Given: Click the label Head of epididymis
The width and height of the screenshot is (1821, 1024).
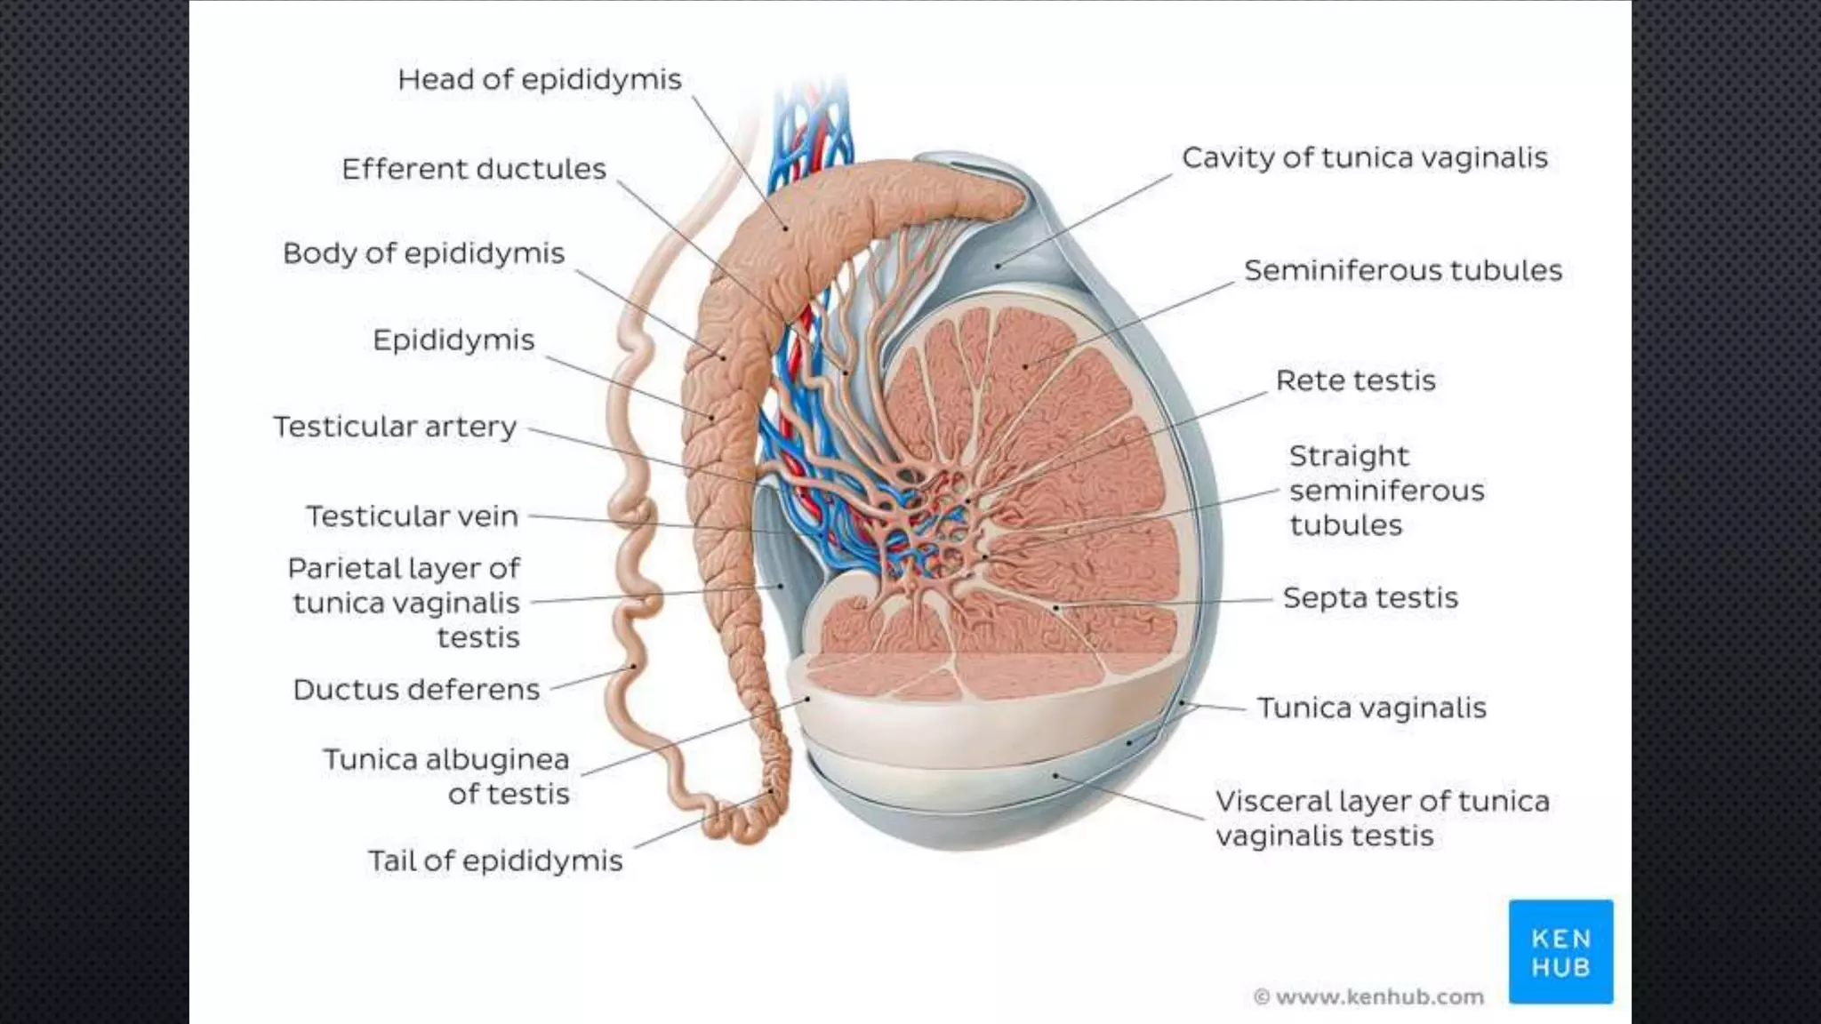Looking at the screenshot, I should tap(539, 80).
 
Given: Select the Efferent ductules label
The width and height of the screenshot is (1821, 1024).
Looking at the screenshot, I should tap(473, 169).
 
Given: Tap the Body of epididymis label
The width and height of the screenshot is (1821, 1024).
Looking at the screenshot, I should tap(423, 253).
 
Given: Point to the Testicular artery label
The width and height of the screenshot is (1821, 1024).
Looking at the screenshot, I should tap(394, 427).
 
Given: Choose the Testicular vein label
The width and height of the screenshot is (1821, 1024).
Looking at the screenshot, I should tap(412, 516).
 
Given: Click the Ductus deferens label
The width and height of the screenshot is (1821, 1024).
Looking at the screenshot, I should tap(416, 690).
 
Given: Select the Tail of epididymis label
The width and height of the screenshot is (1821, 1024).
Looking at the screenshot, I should tap(495, 860).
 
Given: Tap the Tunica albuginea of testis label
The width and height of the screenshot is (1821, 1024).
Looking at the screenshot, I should tap(446, 776).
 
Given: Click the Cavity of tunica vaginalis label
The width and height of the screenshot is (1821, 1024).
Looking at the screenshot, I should tap(1364, 158).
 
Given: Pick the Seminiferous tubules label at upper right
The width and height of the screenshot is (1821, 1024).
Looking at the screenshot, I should tap(1402, 270).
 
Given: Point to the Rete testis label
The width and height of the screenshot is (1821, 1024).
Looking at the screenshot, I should tap(1355, 380).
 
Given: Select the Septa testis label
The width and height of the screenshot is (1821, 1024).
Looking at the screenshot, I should tap(1370, 597).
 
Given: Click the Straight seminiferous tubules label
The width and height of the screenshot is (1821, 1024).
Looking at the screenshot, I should tap(1386, 490).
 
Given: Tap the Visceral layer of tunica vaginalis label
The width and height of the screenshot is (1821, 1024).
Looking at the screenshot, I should tap(1382, 818).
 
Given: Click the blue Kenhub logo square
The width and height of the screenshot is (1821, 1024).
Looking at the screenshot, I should tap(1560, 952).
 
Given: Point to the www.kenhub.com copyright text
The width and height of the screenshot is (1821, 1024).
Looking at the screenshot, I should tap(1369, 997).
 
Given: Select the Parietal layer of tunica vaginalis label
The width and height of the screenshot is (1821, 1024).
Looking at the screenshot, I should tap(405, 603).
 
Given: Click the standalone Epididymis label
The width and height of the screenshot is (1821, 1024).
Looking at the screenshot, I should tap(453, 340).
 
